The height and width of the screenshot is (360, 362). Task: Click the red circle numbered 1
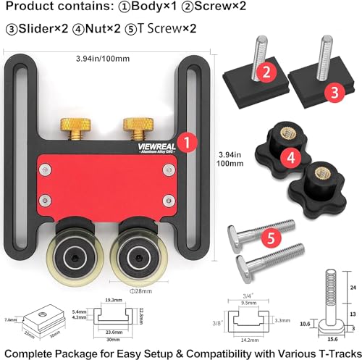point(187,143)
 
